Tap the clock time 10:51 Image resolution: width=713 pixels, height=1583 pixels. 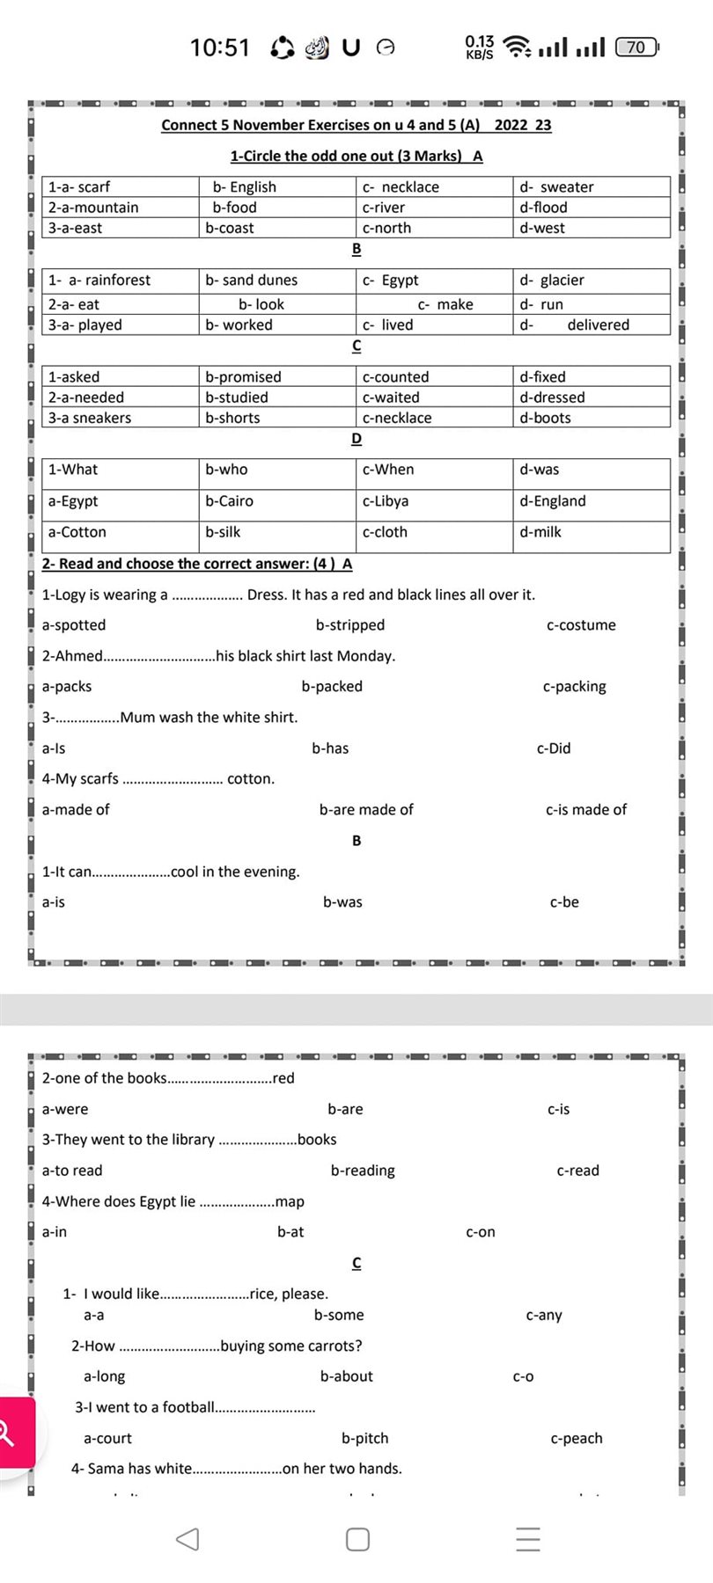pos(220,47)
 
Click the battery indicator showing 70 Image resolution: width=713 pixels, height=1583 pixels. pos(636,47)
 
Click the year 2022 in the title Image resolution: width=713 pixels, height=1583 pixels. pos(511,125)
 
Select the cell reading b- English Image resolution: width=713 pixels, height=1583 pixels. pos(244,186)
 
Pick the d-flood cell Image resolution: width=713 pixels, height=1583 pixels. pos(543,208)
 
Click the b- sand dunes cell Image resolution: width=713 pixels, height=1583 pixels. pos(252,280)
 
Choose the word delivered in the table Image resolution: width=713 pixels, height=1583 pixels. pos(598,325)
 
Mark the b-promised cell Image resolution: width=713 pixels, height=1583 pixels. pos(243,376)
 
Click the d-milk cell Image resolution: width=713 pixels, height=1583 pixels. pos(540,532)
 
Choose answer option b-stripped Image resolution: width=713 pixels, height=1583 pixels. pos(350,625)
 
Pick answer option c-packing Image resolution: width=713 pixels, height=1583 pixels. pos(575,686)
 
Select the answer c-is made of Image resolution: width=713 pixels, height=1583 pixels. pos(586,809)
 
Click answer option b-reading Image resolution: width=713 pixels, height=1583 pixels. pos(363,1171)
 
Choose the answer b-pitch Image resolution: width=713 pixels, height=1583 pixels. pos(364,1438)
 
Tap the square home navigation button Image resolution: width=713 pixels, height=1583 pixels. pos(357,1539)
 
